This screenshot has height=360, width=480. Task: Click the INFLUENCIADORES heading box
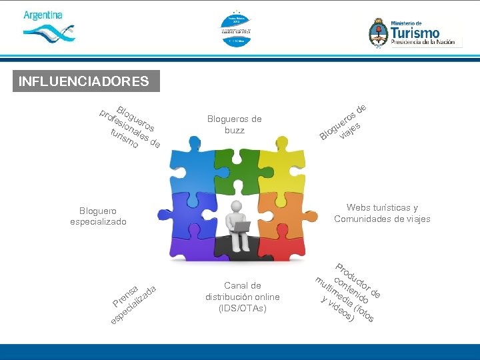pos(84,81)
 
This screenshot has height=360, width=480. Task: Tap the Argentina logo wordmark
pos(43,15)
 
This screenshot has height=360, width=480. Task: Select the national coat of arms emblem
pos(378,33)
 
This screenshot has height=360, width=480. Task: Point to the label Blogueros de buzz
pos(234,125)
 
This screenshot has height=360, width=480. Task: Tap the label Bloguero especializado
pos(98,216)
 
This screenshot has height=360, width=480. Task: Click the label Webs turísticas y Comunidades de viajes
pos(382,213)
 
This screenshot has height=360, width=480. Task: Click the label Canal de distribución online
pos(242,297)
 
